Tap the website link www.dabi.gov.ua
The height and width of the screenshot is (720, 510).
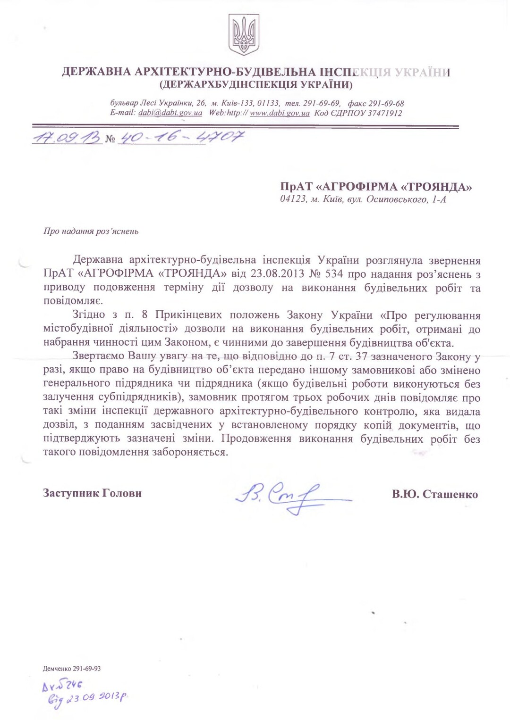(280, 113)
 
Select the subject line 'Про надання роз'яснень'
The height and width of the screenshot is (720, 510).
(91, 232)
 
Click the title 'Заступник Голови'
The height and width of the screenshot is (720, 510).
(92, 493)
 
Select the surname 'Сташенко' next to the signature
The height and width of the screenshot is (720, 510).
(450, 494)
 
